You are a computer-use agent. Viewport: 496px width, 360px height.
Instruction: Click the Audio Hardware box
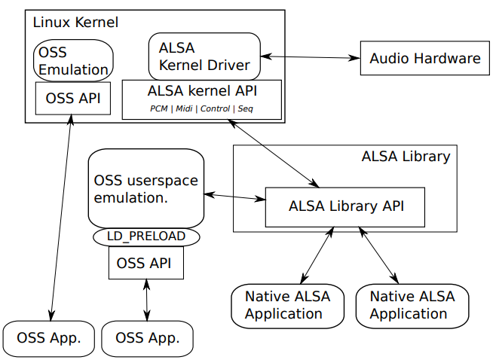click(425, 58)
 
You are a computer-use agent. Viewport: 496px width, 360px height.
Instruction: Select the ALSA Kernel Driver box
click(204, 56)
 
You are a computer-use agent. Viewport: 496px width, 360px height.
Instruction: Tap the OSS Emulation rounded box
click(73, 61)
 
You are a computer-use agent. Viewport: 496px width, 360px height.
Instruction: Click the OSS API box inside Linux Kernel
click(73, 98)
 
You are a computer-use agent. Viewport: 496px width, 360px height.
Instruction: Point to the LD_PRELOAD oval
click(146, 236)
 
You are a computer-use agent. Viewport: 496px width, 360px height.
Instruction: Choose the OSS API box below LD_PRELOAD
click(146, 263)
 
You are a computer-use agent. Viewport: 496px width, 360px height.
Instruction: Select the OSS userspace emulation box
click(146, 188)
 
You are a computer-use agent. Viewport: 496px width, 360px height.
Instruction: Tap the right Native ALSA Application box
click(412, 305)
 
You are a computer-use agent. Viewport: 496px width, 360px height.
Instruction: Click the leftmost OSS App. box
click(50, 337)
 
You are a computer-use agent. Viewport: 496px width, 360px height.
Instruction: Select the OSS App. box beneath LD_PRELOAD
click(147, 337)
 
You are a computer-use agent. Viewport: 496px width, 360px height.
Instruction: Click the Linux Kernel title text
click(75, 22)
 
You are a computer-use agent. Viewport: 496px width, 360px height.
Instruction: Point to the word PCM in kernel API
click(159, 109)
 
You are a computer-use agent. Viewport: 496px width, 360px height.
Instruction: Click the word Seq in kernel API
click(246, 109)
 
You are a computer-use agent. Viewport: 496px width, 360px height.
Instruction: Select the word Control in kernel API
click(215, 109)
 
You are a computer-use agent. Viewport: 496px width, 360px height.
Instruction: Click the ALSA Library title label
click(406, 157)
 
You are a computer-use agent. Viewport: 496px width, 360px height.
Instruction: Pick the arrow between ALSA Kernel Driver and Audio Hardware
click(310, 57)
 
